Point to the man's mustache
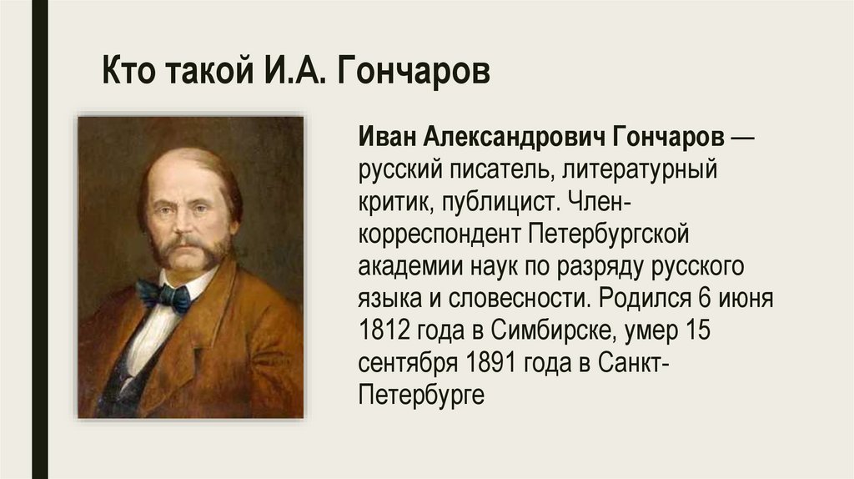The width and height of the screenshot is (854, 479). point(191,246)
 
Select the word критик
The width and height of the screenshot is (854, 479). point(392,204)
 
